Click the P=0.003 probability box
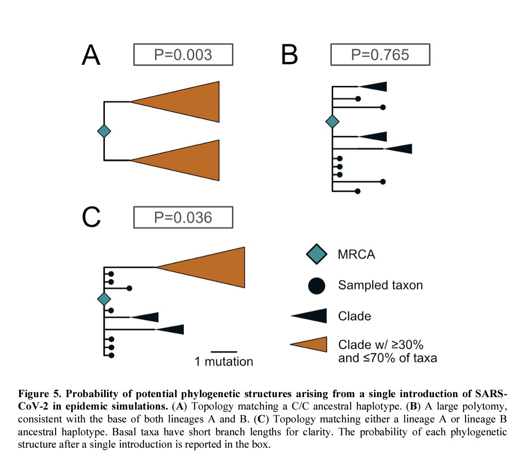click(183, 55)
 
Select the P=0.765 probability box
click(380, 55)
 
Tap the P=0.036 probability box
click(183, 217)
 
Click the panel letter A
click(91, 55)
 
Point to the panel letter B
click(289, 55)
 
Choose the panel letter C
click(91, 218)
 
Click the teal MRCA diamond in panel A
click(105, 131)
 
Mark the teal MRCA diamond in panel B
click(332, 122)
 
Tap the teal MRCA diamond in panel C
click(105, 299)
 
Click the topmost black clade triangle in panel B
click(375, 86)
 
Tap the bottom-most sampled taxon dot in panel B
click(358, 191)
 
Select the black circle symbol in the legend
click(317, 285)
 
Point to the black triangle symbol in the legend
click(312, 316)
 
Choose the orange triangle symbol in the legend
click(312, 345)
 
